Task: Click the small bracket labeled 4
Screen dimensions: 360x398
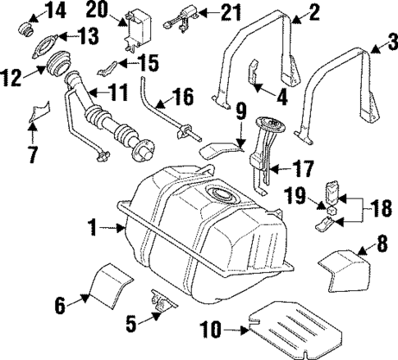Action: [255, 73]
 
